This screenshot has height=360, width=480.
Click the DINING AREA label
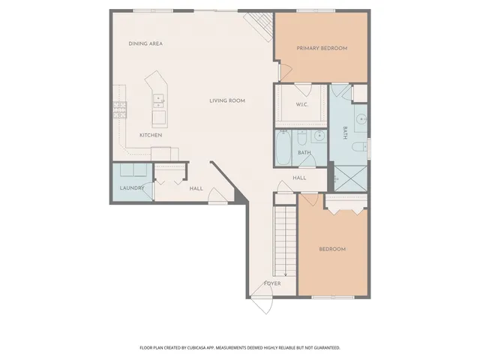click(145, 43)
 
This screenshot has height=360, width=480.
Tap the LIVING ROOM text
click(227, 100)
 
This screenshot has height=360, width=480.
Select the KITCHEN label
click(151, 135)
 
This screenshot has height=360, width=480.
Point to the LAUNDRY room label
click(132, 189)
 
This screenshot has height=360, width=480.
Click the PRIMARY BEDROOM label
click(322, 48)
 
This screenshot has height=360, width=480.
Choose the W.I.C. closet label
click(303, 104)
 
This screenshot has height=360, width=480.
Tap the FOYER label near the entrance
click(271, 283)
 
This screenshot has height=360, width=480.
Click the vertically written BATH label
click(345, 133)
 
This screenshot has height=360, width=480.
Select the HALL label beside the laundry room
click(196, 189)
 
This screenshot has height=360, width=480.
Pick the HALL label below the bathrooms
click(299, 178)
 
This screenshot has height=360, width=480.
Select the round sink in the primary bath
click(361, 118)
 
